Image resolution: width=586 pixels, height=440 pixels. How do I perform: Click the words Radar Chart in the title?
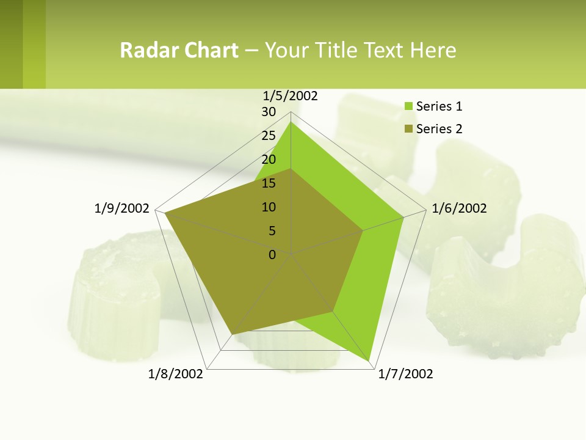(179, 50)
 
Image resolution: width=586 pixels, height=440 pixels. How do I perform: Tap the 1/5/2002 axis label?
(291, 95)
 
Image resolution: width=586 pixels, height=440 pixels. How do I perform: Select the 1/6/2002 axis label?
(459, 208)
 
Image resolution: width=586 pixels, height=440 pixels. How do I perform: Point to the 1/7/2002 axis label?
(405, 374)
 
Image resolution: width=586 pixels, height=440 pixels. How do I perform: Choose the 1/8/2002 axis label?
(176, 374)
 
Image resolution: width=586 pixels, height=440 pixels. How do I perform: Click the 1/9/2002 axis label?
(122, 208)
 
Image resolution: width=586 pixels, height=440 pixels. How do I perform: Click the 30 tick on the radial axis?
(269, 112)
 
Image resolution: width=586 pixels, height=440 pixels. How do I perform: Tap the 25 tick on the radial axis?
(269, 136)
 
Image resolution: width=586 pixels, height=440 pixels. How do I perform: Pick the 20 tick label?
(269, 159)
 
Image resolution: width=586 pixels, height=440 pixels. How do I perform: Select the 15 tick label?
(269, 183)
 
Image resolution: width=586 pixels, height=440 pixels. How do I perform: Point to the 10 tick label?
(269, 207)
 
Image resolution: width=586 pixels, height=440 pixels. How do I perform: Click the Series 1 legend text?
(439, 106)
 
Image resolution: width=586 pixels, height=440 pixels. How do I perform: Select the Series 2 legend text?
(439, 129)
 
